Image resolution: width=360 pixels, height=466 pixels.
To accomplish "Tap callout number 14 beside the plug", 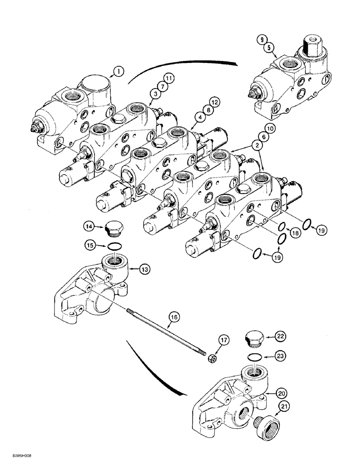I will click(89, 227).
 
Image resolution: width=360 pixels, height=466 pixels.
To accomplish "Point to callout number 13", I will click(145, 268).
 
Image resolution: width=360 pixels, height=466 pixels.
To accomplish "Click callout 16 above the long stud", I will click(173, 318).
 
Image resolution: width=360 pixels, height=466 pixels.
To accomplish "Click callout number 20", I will click(280, 394).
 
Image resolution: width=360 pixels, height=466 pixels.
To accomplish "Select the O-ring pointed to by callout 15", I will click(114, 246).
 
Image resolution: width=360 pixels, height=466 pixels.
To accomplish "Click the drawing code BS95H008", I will click(17, 459).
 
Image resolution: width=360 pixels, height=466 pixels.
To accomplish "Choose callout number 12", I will click(214, 102).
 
